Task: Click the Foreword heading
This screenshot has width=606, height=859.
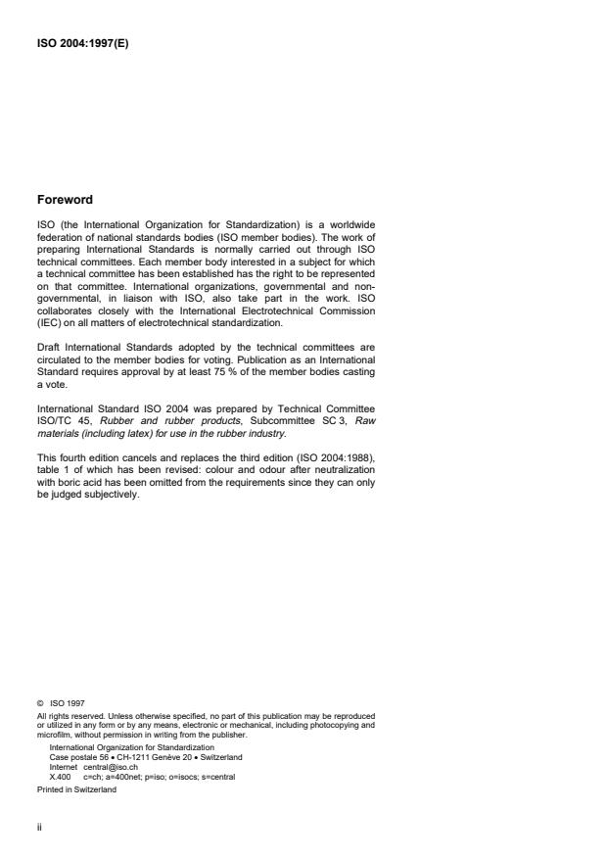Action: tap(65, 200)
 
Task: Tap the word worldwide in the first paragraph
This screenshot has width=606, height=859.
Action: tap(348, 225)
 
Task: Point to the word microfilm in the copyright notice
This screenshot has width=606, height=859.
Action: tap(52, 730)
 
